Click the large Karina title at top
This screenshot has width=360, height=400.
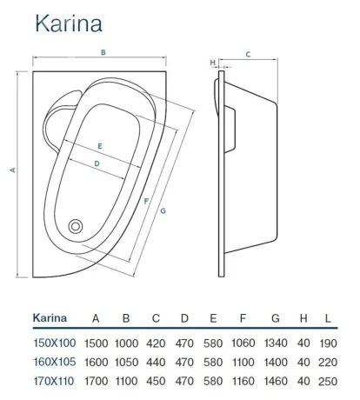tap(69, 23)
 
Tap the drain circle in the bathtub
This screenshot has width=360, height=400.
tap(76, 226)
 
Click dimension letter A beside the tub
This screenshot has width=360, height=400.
tap(12, 170)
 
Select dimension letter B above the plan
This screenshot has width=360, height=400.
tap(103, 52)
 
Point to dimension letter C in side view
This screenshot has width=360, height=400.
tap(248, 54)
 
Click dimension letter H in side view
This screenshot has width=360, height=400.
tap(212, 63)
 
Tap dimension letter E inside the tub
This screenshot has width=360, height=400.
tap(100, 146)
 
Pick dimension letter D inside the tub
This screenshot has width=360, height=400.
tap(97, 163)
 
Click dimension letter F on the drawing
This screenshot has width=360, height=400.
tap(146, 201)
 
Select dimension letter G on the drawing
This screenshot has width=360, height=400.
tap(163, 210)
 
